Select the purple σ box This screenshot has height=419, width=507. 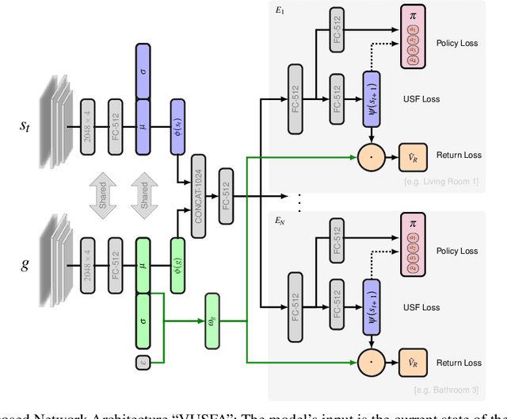[143, 71]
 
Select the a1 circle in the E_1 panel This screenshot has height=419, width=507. [412, 29]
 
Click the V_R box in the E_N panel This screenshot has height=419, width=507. [412, 363]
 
